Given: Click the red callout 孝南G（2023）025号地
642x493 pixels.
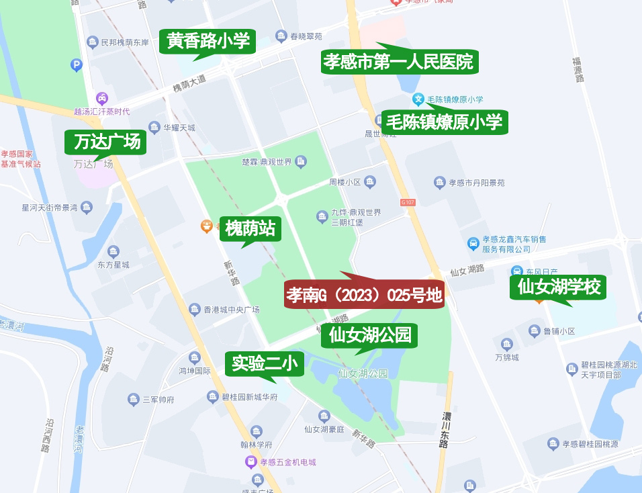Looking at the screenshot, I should [365, 296].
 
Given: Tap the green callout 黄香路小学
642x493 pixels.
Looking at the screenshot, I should [208, 42].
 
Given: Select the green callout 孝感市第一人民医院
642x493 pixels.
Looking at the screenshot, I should [399, 62].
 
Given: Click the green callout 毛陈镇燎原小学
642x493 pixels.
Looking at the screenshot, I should [444, 122].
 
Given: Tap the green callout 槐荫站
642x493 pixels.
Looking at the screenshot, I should [250, 228].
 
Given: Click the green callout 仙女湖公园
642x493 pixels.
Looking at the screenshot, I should [370, 334].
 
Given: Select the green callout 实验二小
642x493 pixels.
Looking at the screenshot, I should [264, 364].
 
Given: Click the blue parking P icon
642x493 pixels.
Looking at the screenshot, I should [76, 65].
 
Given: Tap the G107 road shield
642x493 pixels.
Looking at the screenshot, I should [408, 202].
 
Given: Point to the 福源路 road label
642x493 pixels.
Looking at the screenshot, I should [578, 69].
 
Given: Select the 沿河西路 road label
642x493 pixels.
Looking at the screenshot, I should [48, 436].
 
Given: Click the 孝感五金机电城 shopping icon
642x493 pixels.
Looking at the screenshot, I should [251, 462].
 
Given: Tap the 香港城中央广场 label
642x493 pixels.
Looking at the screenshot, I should [232, 310].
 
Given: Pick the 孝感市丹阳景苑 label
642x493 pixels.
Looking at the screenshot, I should [477, 182].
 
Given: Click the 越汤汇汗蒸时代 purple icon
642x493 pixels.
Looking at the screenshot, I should [102, 98].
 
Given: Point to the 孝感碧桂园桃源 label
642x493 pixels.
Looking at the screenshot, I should [590, 444].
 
